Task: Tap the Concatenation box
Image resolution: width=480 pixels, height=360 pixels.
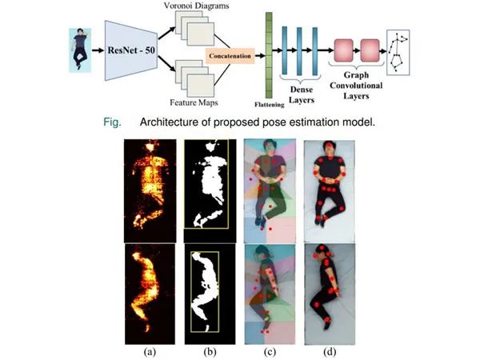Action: [x=230, y=57]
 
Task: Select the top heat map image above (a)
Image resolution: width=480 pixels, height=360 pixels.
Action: [x=149, y=187]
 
